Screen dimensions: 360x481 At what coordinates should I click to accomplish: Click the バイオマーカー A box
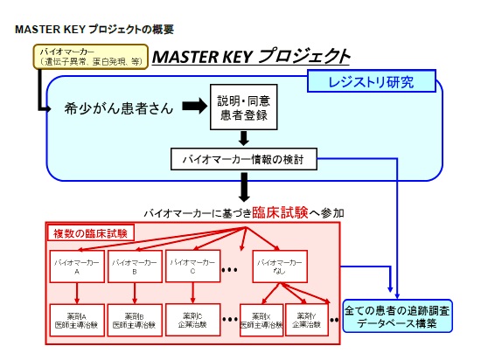click(77, 266)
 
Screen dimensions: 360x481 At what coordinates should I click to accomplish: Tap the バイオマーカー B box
click(135, 266)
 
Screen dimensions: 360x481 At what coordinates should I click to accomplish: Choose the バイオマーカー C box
click(192, 266)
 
